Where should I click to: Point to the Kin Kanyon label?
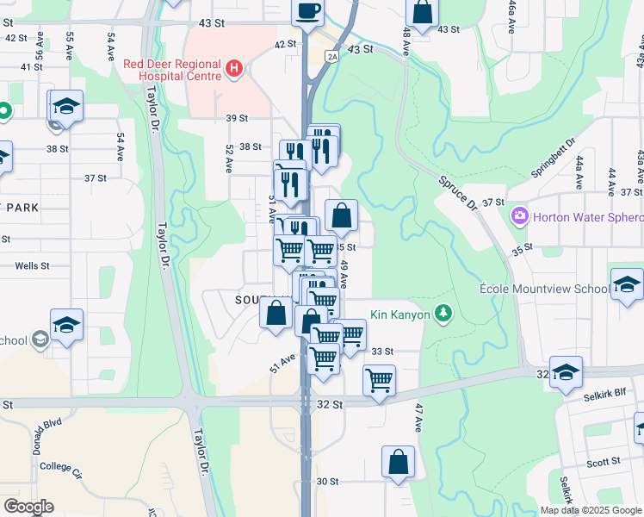[399, 315]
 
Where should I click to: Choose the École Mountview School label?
[544, 289]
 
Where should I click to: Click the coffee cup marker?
[308, 12]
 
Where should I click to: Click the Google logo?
[28, 507]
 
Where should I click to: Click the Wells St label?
[32, 266]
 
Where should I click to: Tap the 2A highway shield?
[331, 56]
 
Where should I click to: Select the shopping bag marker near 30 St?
[398, 462]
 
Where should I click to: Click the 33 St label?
[382, 352]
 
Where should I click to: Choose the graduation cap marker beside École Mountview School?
[627, 285]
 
